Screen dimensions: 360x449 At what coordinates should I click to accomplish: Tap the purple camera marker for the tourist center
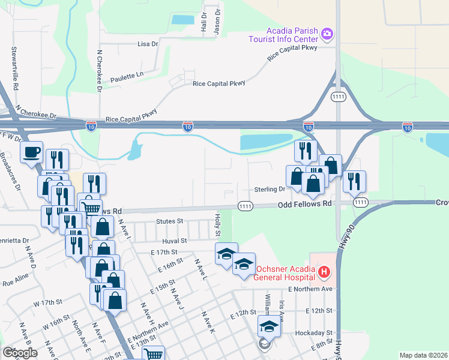[327, 34]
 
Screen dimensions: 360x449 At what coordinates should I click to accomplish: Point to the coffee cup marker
[31, 152]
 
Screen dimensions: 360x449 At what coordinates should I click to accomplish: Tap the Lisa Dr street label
[147, 44]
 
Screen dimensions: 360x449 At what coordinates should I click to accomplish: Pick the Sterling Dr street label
[273, 189]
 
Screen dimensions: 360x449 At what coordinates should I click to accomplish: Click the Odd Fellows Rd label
[305, 204]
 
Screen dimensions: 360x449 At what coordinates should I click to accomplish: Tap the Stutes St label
[169, 221]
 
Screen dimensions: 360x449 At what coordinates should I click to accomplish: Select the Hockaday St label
[312, 332]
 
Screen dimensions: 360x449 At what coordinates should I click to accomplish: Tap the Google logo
[20, 353]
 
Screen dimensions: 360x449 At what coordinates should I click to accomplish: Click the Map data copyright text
[424, 355]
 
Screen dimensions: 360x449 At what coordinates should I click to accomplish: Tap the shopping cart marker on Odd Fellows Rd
[91, 208]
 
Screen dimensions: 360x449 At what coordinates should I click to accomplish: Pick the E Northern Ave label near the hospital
[310, 289]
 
